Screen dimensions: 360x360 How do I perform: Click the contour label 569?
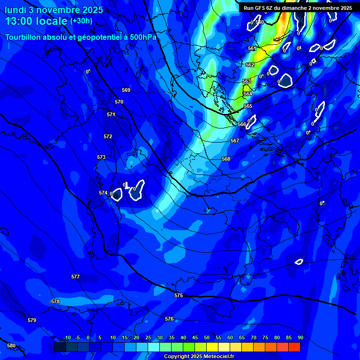(126, 90)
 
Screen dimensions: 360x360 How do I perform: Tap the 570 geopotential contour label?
(119, 102)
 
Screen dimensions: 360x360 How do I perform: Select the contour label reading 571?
(111, 114)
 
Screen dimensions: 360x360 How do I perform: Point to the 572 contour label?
(108, 136)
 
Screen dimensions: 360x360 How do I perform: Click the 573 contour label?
(101, 157)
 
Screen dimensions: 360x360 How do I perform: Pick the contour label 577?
(75, 277)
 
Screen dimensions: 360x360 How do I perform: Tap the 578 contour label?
(55, 301)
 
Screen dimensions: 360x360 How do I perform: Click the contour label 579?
(32, 320)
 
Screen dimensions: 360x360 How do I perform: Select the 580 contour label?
(11, 345)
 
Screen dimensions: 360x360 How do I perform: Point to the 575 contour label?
(179, 295)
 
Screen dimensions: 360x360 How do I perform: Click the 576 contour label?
(169, 319)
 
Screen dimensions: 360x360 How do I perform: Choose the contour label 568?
(226, 159)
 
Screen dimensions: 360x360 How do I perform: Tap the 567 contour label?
(235, 141)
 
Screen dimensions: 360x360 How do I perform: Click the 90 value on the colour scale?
(300, 337)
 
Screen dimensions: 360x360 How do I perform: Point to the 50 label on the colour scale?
(207, 337)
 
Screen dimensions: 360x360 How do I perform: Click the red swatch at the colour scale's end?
(294, 347)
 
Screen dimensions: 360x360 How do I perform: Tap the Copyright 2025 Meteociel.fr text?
(199, 356)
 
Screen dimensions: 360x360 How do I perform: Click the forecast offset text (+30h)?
(81, 21)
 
